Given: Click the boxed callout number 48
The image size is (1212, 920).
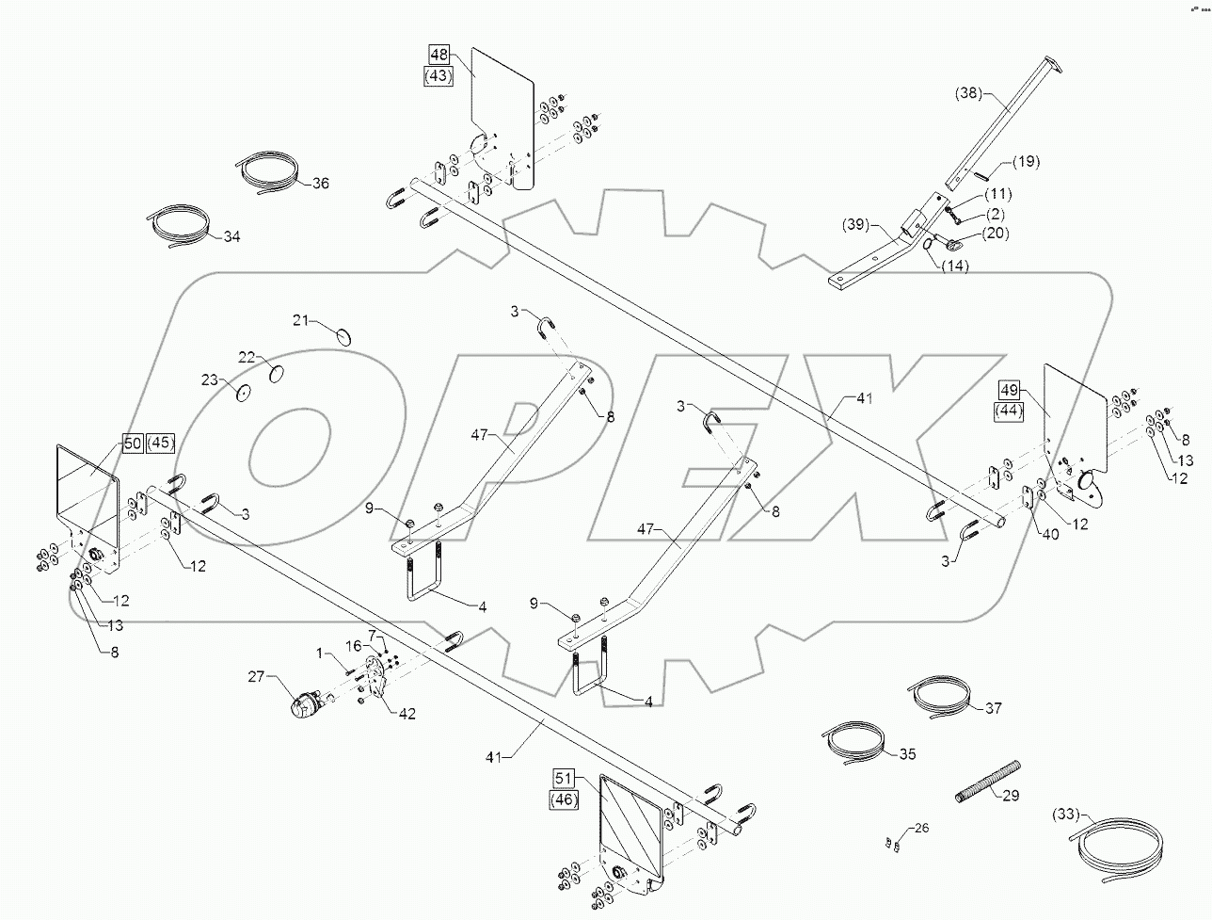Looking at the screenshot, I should click(x=439, y=55).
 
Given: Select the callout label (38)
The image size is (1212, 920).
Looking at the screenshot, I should click(x=968, y=92).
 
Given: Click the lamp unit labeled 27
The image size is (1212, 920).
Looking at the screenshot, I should click(x=306, y=704).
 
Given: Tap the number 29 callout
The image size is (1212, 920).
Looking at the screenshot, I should click(x=1011, y=796).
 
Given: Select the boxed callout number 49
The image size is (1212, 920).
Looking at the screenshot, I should click(x=1009, y=389).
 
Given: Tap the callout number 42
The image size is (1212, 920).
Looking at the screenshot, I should click(x=407, y=713).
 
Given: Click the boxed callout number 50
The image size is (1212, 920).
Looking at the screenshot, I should click(x=130, y=442).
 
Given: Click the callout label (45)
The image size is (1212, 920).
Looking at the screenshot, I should click(x=161, y=442).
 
